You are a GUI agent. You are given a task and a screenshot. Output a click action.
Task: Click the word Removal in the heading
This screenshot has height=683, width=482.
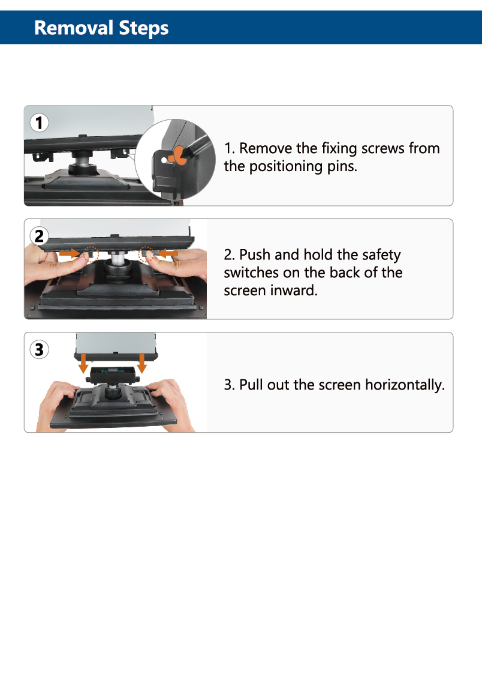click(x=74, y=28)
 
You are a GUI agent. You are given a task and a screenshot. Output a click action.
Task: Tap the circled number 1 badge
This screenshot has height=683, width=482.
click(x=39, y=123)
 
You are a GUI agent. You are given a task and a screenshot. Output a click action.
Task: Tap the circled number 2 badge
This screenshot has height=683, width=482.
click(x=39, y=236)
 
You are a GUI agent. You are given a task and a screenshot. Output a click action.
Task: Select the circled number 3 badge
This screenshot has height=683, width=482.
click(x=39, y=349)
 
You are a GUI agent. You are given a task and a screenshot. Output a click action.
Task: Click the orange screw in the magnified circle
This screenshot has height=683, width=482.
click(x=179, y=155)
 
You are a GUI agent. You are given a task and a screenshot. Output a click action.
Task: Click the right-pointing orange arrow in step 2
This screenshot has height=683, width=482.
click(x=70, y=253)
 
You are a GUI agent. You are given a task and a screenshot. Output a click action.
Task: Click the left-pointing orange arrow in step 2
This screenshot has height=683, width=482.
click(x=167, y=253)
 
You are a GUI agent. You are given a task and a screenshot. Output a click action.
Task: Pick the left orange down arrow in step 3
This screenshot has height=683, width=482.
click(x=83, y=363)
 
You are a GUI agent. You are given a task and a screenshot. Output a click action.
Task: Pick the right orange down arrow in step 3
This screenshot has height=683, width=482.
click(x=141, y=363)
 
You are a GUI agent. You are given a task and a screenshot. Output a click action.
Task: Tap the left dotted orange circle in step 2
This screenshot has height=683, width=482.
click(x=91, y=254)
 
